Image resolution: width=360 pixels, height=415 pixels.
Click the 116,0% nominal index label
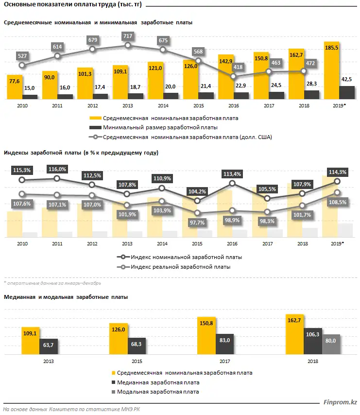[57, 168]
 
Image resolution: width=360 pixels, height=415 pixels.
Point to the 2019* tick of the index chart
[337, 243]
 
